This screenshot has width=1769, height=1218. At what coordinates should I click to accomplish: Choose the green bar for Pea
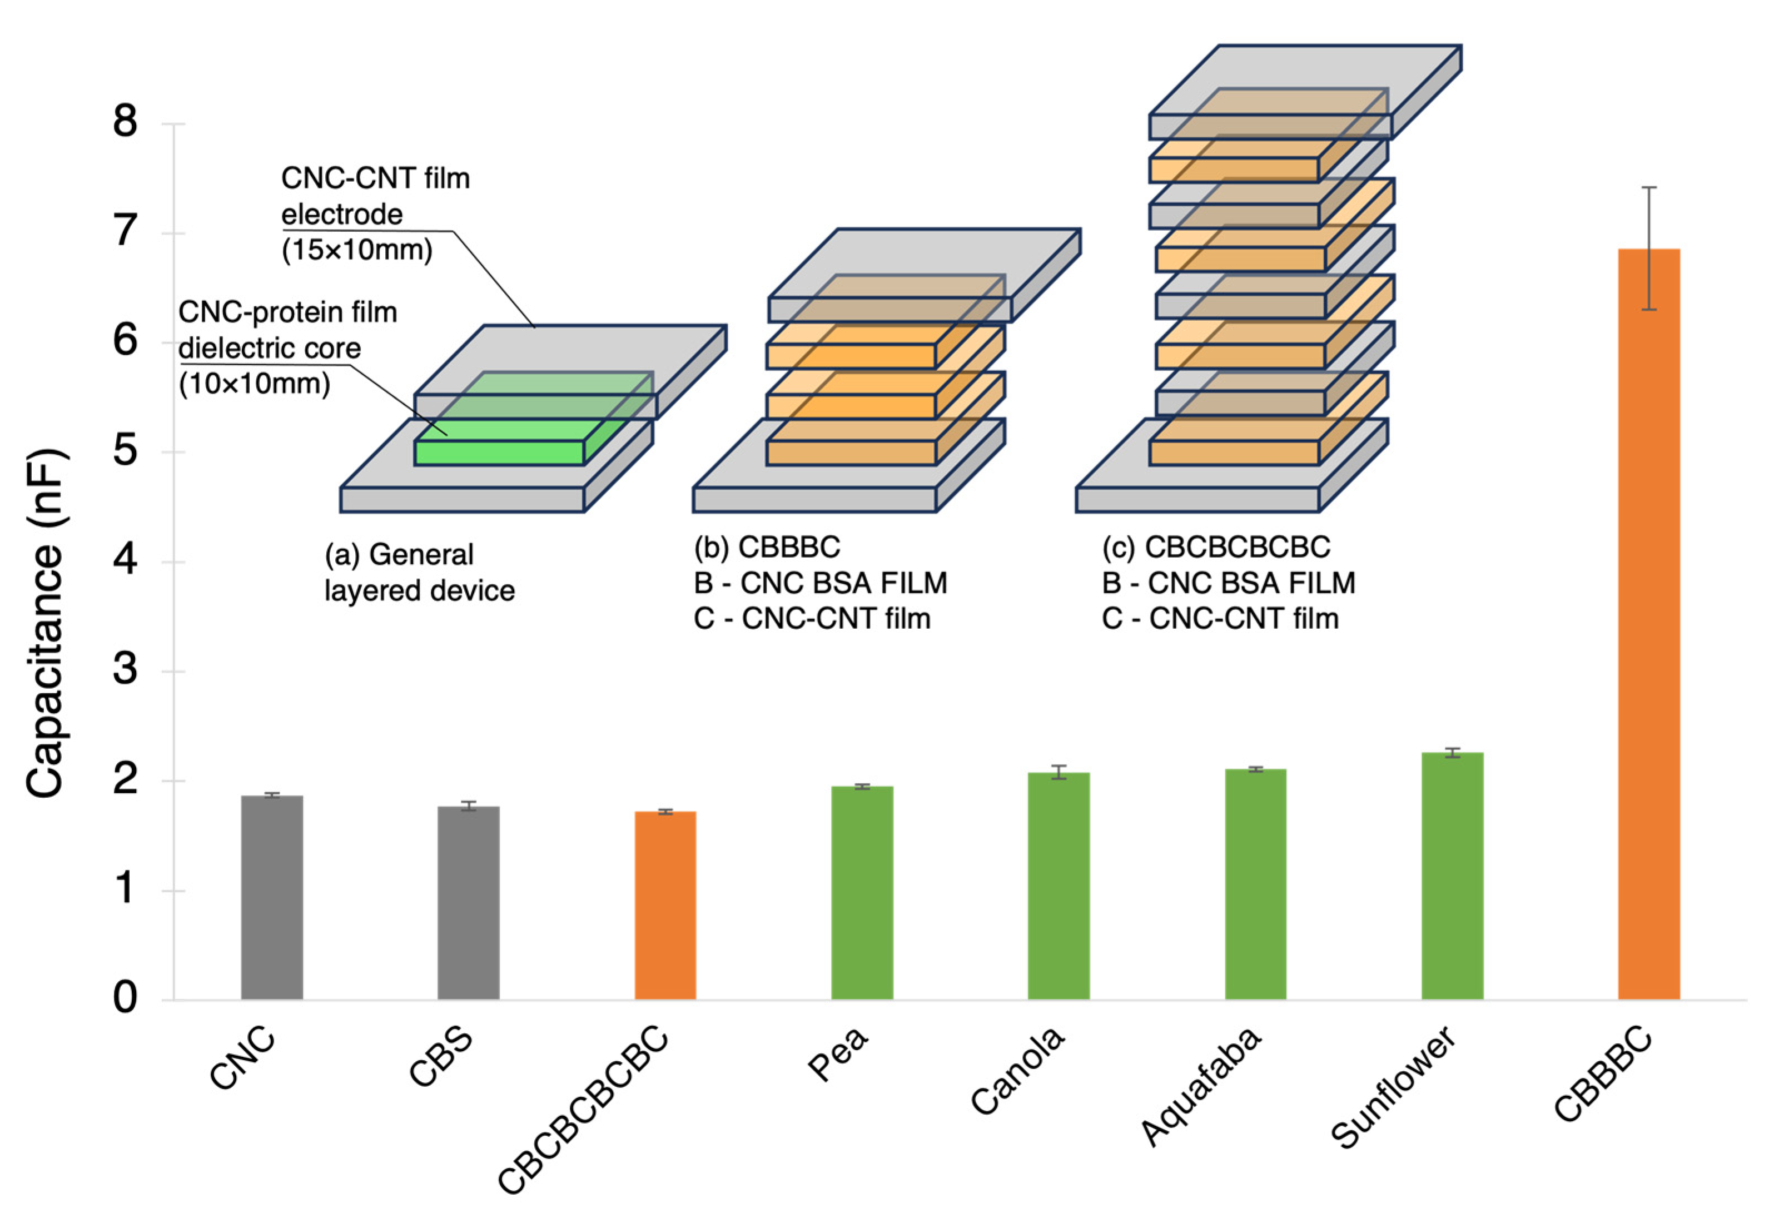[x=862, y=892]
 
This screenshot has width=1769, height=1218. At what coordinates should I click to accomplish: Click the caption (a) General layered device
[x=419, y=573]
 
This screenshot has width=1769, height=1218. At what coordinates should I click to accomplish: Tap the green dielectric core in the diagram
[x=499, y=452]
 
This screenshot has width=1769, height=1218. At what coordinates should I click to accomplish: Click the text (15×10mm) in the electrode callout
[x=356, y=250]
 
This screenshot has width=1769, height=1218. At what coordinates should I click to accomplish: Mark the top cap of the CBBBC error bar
[x=1648, y=187]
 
